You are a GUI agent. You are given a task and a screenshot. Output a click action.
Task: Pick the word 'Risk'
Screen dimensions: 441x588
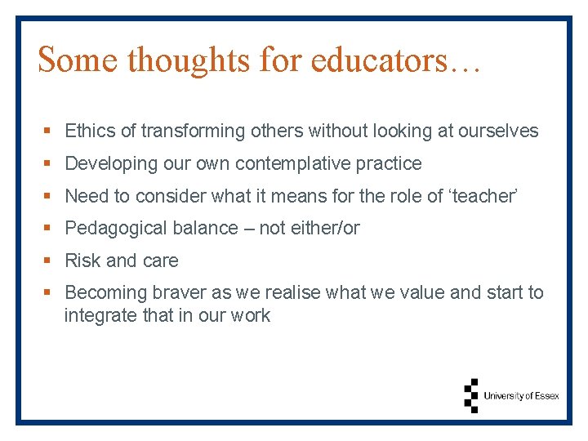82,261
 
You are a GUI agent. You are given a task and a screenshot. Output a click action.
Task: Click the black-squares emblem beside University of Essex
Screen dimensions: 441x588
470,395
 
